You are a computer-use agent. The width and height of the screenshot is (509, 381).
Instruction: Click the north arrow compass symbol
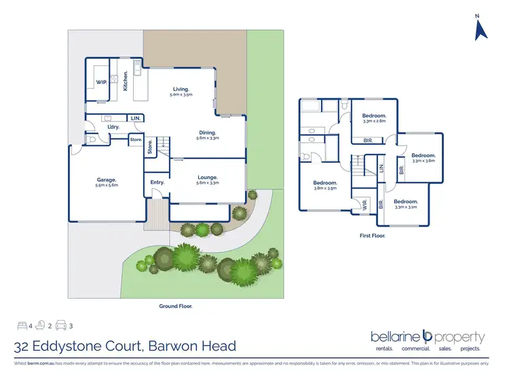pyautogui.click(x=481, y=28)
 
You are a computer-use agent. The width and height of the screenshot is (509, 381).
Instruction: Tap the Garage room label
pyautogui.click(x=107, y=180)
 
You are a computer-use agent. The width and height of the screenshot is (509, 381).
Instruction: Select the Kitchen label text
pyautogui.click(x=126, y=81)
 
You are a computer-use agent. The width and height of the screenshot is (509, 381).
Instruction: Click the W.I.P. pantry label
pyautogui.click(x=102, y=82)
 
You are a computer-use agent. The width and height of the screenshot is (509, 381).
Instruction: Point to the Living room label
pyautogui.click(x=181, y=89)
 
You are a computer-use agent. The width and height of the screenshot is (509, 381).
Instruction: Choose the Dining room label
pyautogui.click(x=207, y=132)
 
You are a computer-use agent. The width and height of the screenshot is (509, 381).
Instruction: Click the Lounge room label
pyautogui.click(x=206, y=178)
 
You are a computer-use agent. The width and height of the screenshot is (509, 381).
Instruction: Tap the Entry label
pyautogui.click(x=157, y=182)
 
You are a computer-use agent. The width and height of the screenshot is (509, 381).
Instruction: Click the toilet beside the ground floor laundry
pyautogui.click(x=92, y=139)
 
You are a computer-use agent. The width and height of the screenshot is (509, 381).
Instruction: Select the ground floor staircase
pyautogui.click(x=163, y=144)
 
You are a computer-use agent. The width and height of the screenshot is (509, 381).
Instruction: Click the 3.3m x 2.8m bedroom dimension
pyautogui.click(x=374, y=121)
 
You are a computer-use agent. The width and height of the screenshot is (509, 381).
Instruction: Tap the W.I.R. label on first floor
pyautogui.click(x=364, y=205)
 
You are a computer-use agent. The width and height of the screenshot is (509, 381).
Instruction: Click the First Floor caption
pyautogui.click(x=373, y=236)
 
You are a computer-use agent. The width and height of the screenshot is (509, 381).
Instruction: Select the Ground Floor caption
pyautogui.click(x=174, y=306)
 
